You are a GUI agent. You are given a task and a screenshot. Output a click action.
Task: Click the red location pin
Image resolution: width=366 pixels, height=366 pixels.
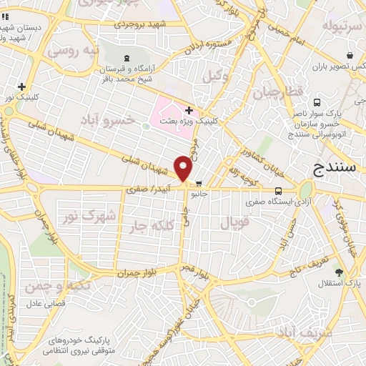point(184,169)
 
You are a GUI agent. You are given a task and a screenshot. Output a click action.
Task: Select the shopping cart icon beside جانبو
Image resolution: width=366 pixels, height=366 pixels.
point(199,183)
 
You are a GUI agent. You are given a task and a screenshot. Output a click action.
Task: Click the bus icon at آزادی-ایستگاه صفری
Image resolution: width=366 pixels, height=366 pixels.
point(279,191)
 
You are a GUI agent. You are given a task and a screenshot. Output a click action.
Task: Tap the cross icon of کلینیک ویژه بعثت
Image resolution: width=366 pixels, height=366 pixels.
point(188,110)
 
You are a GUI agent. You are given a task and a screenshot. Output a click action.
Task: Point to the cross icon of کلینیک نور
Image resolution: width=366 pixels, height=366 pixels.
point(21,86)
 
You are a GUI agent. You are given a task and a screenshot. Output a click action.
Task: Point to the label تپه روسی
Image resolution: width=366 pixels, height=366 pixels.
point(71,51)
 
